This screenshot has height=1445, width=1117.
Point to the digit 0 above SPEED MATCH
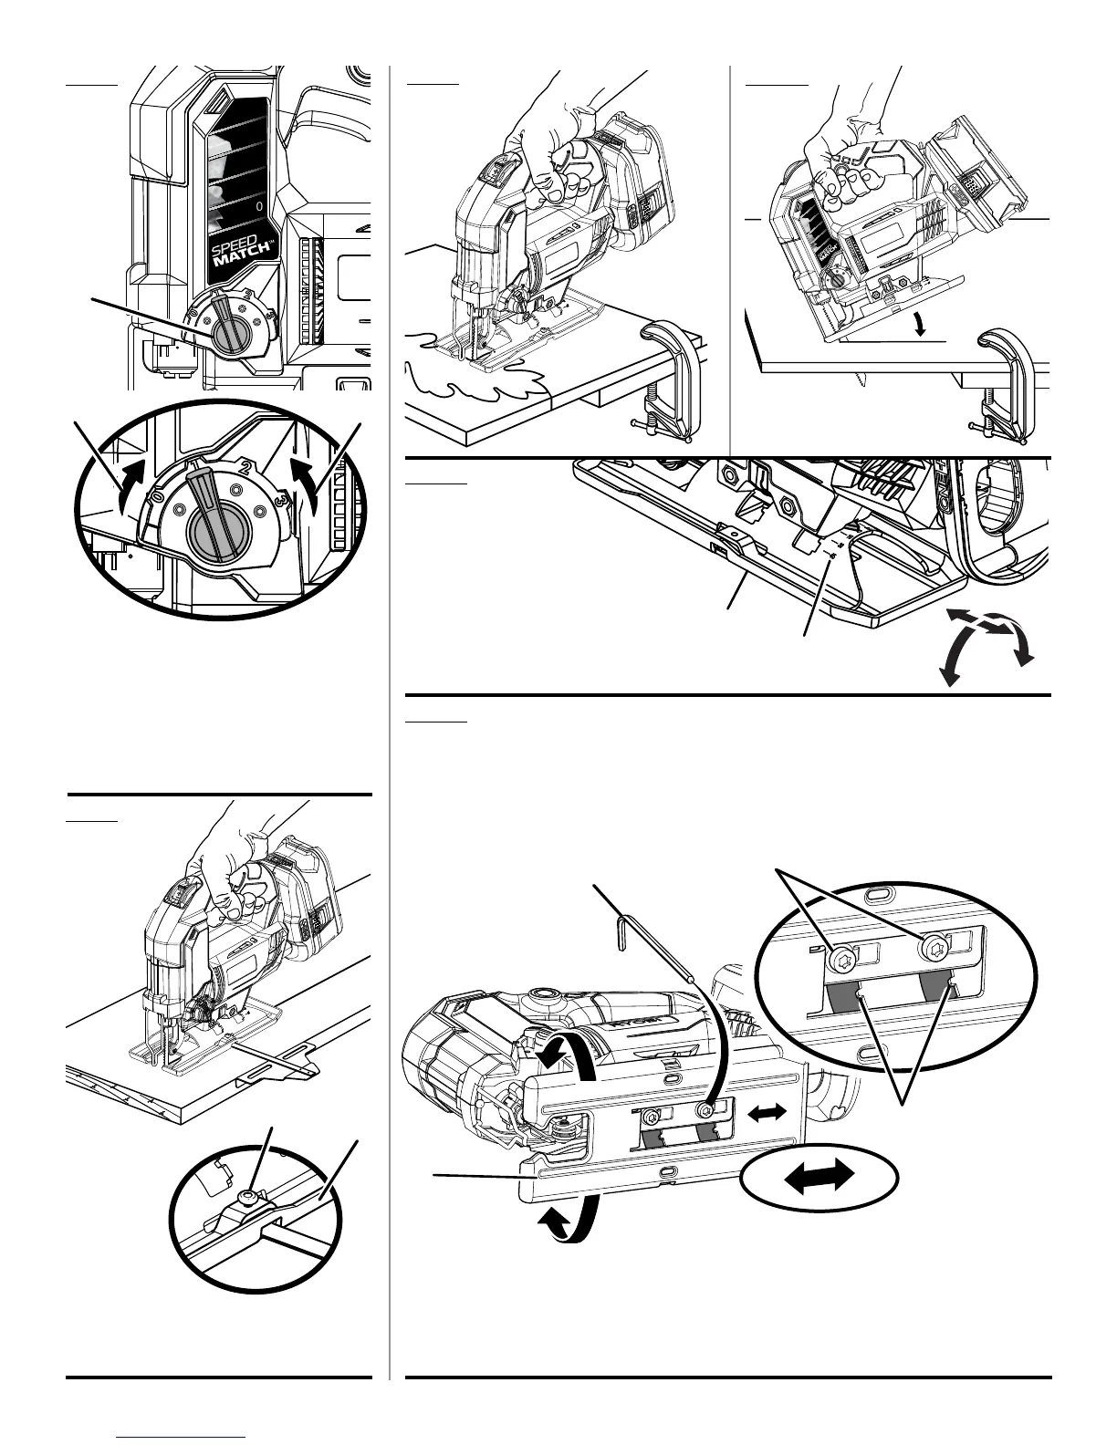260,207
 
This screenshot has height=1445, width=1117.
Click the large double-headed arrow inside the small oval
819,1177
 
